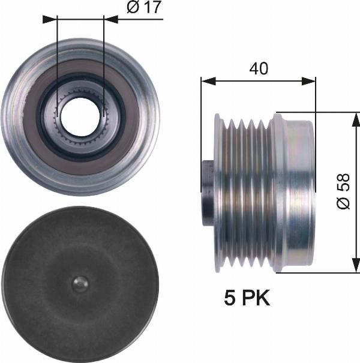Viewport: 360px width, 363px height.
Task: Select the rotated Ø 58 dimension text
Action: point(343,193)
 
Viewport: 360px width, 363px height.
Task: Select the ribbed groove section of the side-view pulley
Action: point(243,192)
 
